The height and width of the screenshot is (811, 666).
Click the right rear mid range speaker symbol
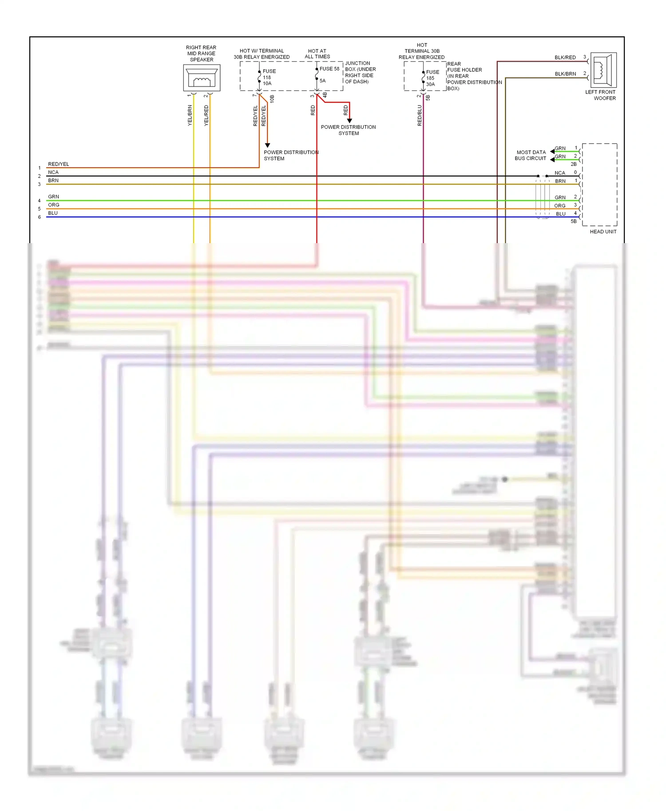point(202,79)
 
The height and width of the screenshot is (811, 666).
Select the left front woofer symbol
point(603,70)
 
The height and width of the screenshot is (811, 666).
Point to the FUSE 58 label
point(329,69)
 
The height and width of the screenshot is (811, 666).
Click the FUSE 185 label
point(432,75)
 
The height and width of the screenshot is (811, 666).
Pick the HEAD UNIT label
point(603,232)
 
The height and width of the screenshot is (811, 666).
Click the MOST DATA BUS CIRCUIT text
point(531,155)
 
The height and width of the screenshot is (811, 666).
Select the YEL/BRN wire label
point(190,115)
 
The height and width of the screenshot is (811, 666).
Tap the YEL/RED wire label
point(206,115)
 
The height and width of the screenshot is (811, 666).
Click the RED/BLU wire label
point(420,115)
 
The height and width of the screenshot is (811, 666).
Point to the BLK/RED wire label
point(565,58)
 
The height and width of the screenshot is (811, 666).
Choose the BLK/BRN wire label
point(565,74)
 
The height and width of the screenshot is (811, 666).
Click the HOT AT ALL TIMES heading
point(317,54)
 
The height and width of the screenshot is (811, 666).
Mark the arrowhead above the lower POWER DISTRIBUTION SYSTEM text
point(267,145)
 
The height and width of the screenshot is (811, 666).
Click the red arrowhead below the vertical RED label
point(349,121)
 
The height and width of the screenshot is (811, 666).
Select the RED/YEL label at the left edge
point(58,164)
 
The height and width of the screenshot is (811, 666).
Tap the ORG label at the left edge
point(53,205)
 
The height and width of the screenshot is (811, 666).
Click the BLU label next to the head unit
point(561,214)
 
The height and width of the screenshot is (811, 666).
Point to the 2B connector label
point(574,164)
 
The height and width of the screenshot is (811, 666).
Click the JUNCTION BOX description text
point(360,72)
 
